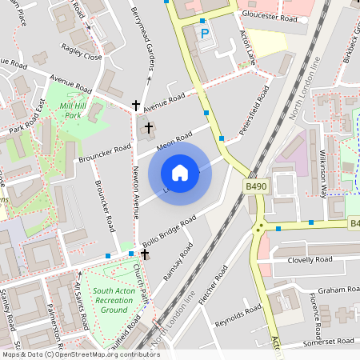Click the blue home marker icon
click(180, 172)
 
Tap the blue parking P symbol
click(204, 34)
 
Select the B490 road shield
click(255, 185)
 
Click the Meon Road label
click(175, 138)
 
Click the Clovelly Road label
click(312, 260)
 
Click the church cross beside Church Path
click(145, 254)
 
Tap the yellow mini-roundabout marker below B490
click(259, 228)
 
